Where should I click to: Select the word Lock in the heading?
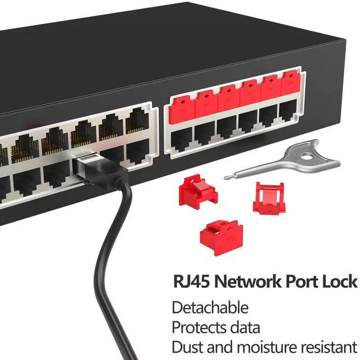[340, 281]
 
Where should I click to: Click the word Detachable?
[210, 308]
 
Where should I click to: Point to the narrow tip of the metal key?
[227, 178]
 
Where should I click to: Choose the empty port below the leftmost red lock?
[182, 138]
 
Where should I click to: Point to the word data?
[245, 327]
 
